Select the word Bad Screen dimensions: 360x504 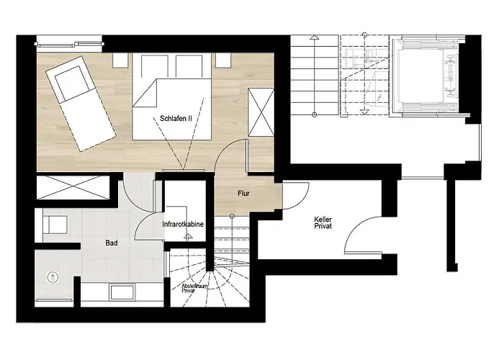pyautogui.click(x=112, y=243)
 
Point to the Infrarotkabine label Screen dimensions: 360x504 pyautogui.click(x=183, y=225)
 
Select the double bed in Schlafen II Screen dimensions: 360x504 pyautogui.click(x=172, y=101)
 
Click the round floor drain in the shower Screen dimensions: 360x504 pyautogui.click(x=53, y=276)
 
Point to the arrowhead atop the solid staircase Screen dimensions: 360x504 pyautogui.click(x=313, y=37)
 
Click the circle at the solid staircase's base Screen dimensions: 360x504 pyautogui.click(x=232, y=216)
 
